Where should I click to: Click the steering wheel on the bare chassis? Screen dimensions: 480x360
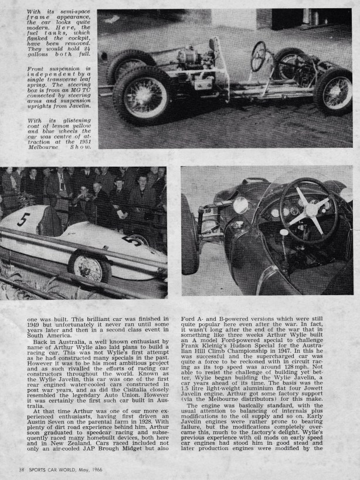tap(258, 56)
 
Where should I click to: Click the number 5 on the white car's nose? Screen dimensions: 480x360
tap(23, 220)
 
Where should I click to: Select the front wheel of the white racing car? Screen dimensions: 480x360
tap(90, 267)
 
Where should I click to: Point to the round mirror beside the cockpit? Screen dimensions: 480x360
tap(240, 205)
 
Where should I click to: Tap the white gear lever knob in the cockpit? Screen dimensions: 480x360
tap(284, 234)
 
